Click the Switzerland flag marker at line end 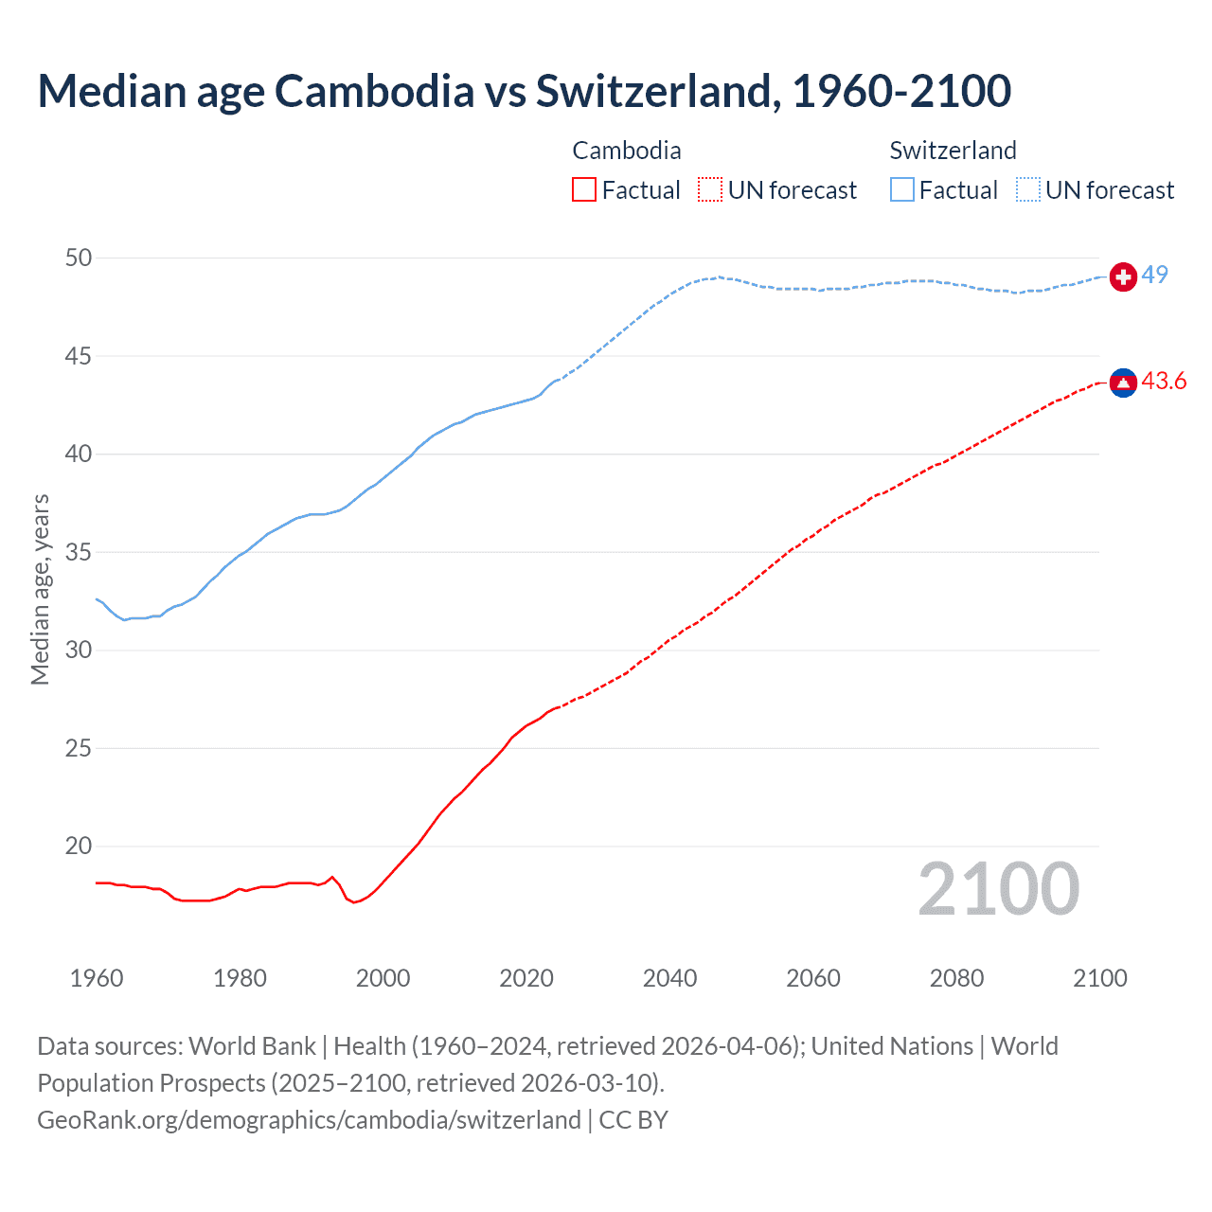click(1123, 276)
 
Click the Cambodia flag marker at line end click(1123, 383)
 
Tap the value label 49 click(1154, 275)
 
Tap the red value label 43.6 click(1164, 381)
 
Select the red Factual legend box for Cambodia click(584, 190)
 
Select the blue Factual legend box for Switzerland click(902, 190)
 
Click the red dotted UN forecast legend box click(710, 190)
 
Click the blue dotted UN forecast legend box click(1028, 190)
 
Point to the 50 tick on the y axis click(79, 258)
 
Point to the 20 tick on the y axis click(79, 846)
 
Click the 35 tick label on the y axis click(79, 552)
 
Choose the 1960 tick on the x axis click(97, 978)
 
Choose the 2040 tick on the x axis click(669, 978)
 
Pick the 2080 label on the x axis click(956, 978)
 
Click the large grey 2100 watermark click(998, 889)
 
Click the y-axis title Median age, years click(40, 589)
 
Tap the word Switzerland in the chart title click(657, 91)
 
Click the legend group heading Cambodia click(627, 151)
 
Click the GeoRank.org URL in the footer click(309, 1119)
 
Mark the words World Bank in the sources click(252, 1046)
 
